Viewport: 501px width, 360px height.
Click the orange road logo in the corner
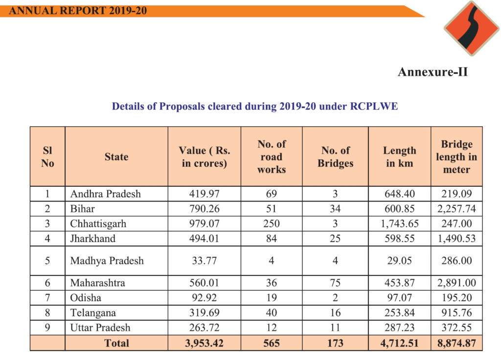coord(472,28)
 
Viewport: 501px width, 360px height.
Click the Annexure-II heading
coord(433,72)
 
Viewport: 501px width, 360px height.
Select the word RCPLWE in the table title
coord(374,106)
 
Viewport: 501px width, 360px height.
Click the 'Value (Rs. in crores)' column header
coord(205,157)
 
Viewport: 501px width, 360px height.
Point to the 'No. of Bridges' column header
coord(335,157)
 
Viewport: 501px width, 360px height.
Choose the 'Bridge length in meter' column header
coord(456,157)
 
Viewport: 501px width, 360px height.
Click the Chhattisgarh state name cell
coord(98,224)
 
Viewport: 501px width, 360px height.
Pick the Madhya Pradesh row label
coord(107,261)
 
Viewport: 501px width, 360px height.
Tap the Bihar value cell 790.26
coord(205,209)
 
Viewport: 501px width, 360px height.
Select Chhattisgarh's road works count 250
coord(272,224)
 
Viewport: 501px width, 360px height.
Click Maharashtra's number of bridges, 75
coord(335,283)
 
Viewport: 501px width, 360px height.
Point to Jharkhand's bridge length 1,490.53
coord(456,239)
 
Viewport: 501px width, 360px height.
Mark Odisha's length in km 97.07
coord(400,298)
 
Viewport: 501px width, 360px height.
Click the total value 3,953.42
coord(205,343)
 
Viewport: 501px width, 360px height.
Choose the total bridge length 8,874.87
coord(456,343)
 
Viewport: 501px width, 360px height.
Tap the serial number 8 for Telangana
coord(47,313)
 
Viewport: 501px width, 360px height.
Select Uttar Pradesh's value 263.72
coord(205,328)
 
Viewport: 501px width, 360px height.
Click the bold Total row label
coord(116,343)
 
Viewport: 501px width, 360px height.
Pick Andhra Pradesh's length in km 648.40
coord(400,194)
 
